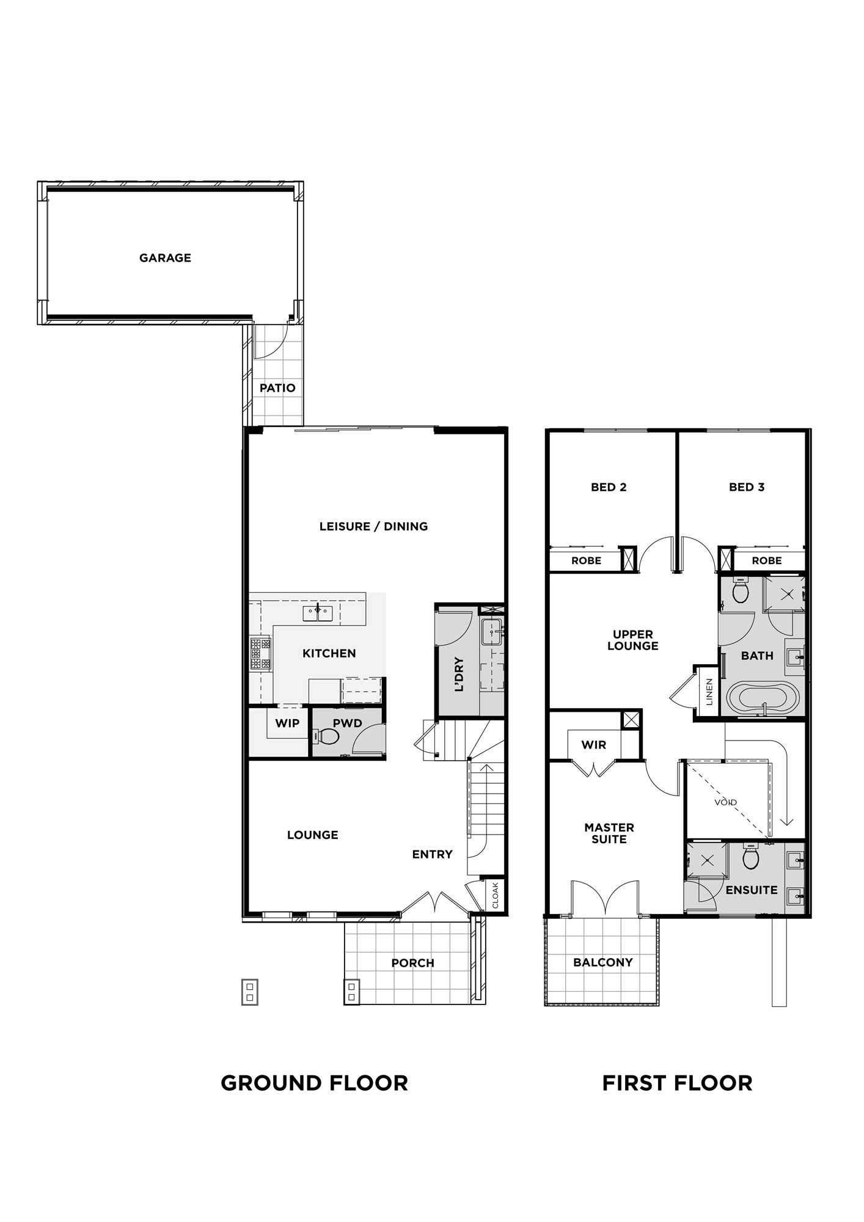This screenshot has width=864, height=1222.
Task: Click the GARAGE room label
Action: (165, 258)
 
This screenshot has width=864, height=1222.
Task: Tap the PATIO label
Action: (277, 388)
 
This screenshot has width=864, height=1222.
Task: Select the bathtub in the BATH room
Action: (763, 698)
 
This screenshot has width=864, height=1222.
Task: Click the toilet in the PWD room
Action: (328, 737)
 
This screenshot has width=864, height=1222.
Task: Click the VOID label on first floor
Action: (725, 802)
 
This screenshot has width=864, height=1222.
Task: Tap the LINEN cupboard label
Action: (709, 692)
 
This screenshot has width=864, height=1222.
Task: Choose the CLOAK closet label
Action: (496, 895)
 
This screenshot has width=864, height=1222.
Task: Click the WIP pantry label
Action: (287, 723)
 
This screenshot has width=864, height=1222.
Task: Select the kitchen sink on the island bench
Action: (318, 613)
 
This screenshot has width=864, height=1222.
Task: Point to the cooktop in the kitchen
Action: (260, 653)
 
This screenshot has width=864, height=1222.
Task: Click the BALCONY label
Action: (603, 962)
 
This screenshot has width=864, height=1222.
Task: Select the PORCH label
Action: (413, 963)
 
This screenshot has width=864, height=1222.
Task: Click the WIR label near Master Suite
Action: (594, 745)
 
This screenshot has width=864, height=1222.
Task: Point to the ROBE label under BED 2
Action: (587, 560)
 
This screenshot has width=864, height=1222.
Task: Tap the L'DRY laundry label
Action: (459, 675)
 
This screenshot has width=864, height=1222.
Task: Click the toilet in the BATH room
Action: (741, 590)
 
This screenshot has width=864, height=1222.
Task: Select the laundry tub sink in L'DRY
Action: (492, 632)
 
